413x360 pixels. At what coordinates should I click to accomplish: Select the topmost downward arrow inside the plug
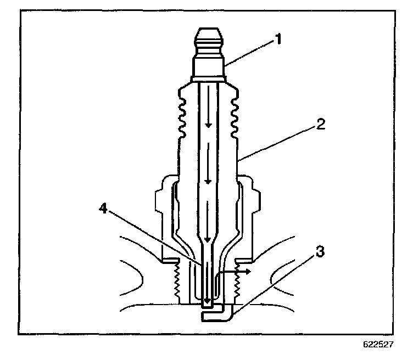(208, 125)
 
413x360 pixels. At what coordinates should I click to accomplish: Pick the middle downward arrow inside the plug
(208, 181)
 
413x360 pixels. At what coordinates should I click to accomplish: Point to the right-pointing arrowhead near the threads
(248, 271)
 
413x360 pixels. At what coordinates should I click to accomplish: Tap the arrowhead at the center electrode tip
(206, 302)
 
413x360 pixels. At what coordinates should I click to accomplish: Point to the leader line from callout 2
(277, 143)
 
